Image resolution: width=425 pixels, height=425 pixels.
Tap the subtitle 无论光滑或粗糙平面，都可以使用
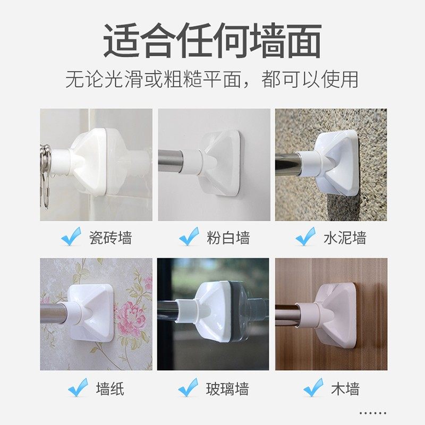click(x=212, y=80)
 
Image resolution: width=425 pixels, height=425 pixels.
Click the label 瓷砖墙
click(x=110, y=237)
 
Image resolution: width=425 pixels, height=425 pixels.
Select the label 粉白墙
click(x=228, y=237)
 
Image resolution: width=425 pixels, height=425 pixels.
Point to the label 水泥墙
click(x=345, y=237)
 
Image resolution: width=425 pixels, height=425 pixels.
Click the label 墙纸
click(x=110, y=389)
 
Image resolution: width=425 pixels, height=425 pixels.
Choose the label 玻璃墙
click(x=228, y=389)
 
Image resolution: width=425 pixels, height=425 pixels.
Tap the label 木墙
click(x=345, y=389)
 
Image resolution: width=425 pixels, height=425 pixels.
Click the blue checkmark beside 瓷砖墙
click(x=71, y=236)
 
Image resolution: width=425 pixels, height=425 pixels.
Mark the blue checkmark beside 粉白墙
click(x=189, y=236)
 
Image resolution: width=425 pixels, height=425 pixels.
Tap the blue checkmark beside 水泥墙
click(x=306, y=236)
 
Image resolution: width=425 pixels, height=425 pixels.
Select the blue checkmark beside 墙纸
click(x=78, y=388)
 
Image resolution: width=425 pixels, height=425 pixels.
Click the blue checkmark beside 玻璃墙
click(x=189, y=388)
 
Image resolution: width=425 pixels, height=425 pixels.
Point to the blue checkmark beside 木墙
click(x=313, y=388)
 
